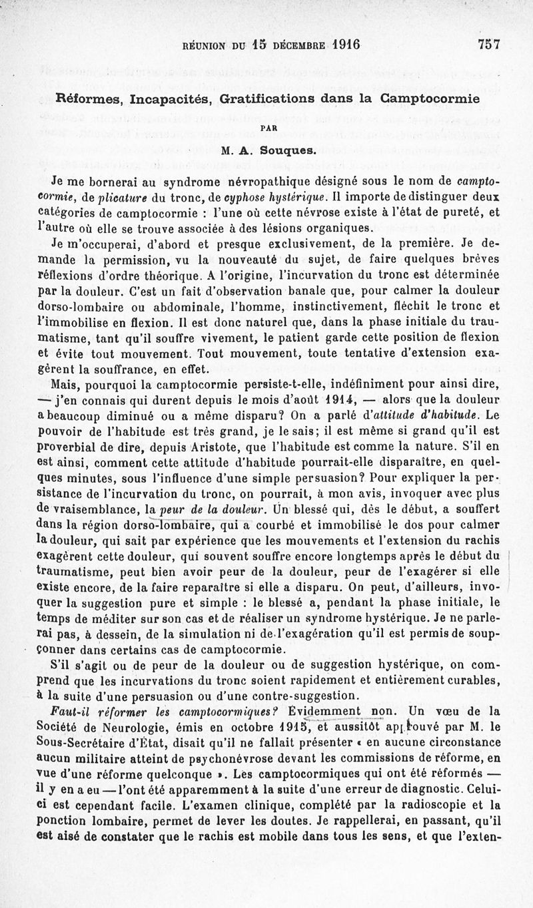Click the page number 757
[x=488, y=45]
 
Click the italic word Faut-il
[x=71, y=708]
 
